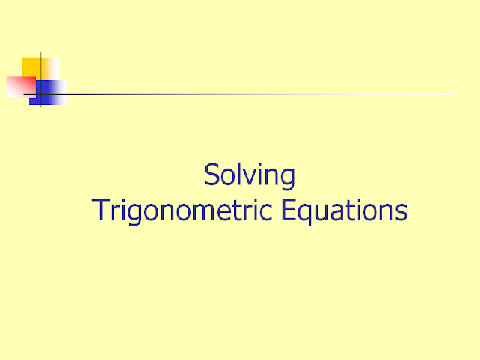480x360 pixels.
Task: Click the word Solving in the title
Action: (x=250, y=176)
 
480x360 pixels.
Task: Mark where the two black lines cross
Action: (x=40, y=94)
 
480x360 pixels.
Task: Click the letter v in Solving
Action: (x=245, y=178)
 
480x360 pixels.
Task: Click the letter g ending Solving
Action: (x=288, y=180)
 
